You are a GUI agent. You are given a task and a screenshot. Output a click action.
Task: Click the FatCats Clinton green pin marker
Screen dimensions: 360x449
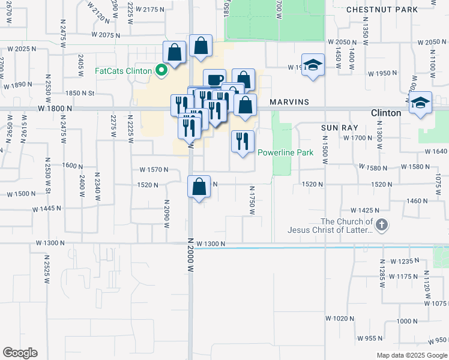click(161, 71)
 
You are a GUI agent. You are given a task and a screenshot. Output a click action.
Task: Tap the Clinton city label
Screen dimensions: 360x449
click(386, 113)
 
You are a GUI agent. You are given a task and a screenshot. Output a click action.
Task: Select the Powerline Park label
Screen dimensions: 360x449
click(286, 153)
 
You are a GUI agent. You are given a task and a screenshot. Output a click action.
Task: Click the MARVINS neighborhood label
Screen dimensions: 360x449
click(289, 102)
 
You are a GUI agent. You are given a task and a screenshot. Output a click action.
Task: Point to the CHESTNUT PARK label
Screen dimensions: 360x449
click(382, 10)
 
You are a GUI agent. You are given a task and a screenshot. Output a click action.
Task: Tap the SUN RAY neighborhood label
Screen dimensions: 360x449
click(339, 128)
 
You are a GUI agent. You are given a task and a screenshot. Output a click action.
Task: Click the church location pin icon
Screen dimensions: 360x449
click(382, 226)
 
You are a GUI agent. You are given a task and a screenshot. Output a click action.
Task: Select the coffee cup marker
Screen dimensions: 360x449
click(214, 80)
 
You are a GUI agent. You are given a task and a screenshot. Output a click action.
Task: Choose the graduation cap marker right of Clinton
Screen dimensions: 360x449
click(421, 103)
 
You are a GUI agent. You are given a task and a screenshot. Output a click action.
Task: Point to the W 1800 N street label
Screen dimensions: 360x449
click(54, 109)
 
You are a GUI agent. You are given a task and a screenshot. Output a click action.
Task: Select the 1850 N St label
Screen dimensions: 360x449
click(81, 93)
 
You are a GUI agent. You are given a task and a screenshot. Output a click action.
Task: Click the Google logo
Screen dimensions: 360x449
click(20, 353)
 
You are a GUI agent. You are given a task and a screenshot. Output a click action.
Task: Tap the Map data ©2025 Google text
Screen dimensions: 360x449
click(411, 355)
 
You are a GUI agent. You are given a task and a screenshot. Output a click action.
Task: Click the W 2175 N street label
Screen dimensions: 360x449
click(149, 10)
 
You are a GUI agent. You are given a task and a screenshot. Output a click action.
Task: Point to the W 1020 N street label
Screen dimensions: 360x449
click(340, 317)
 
